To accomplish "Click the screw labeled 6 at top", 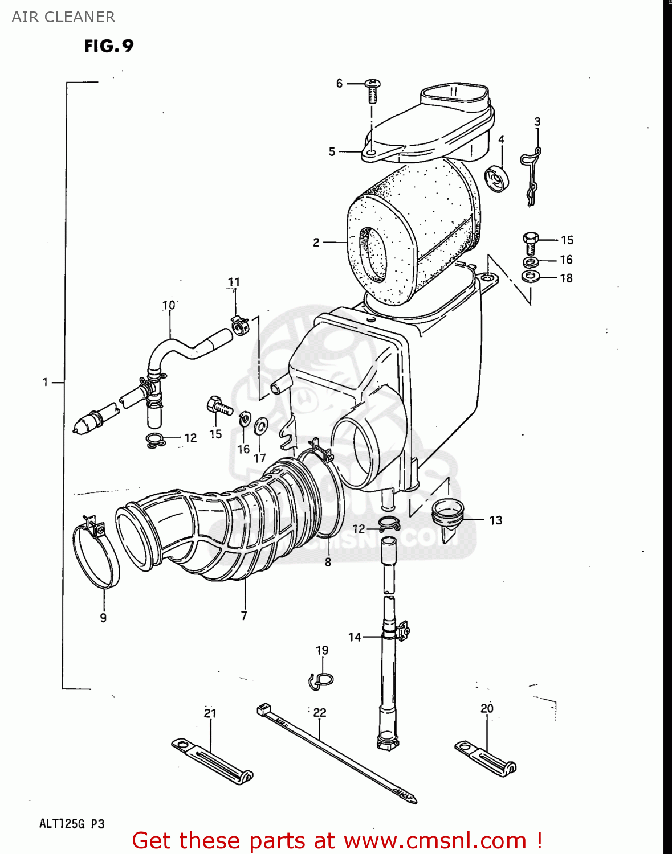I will pos(372,90).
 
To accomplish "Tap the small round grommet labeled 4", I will pos(496,178).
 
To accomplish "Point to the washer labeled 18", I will pos(531,277).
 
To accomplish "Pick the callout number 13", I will pos(495,520).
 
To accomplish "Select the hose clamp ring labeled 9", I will pos(96,555).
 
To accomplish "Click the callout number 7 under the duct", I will pos(244,616).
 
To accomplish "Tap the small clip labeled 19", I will pos(322,679).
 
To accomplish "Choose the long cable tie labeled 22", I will pos(336,752).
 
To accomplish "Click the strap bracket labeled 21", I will pos(212,762).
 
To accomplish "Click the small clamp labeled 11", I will pos(239,326).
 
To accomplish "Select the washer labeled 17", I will pos(261,425).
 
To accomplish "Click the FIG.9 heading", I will pos(108,46).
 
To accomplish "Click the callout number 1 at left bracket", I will pos(45,383).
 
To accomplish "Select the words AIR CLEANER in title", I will pos(63,17).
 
